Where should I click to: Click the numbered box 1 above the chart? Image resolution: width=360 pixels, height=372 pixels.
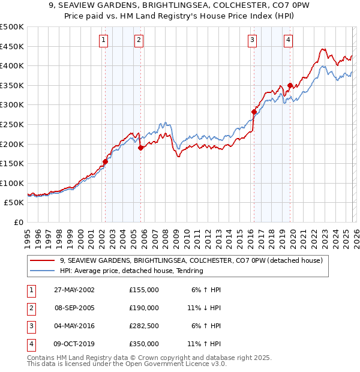pyautogui.click(x=104, y=40)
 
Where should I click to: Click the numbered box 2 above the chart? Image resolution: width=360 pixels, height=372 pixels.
pyautogui.click(x=139, y=40)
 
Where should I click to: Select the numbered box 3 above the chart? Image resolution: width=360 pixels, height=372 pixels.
pyautogui.click(x=252, y=40)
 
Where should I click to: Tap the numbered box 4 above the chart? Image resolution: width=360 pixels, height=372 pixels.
pyautogui.click(x=289, y=40)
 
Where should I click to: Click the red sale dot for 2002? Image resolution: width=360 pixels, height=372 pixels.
pyautogui.click(x=106, y=161)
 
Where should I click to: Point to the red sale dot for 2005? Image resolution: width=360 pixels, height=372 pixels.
pyautogui.click(x=140, y=148)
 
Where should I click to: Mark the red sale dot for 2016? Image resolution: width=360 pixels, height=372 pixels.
pyautogui.click(x=254, y=112)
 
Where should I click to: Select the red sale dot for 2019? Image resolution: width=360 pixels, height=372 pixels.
pyautogui.click(x=290, y=85)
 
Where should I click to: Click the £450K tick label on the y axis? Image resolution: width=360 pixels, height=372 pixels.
pyautogui.click(x=12, y=46)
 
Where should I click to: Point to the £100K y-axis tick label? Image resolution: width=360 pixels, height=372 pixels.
pyautogui.click(x=12, y=183)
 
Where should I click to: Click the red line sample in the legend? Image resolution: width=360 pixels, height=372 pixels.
pyautogui.click(x=42, y=261)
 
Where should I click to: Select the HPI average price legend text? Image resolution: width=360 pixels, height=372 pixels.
pyautogui.click(x=131, y=271)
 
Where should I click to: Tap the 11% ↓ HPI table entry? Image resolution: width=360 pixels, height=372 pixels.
pyautogui.click(x=205, y=308)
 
